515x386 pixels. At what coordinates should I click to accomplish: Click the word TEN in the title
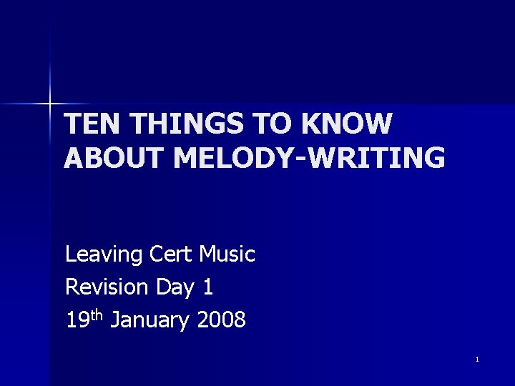click(88, 124)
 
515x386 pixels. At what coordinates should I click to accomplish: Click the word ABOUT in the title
click(114, 158)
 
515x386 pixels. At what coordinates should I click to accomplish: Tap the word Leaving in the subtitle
click(105, 254)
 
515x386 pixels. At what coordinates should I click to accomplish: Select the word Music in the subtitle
click(227, 254)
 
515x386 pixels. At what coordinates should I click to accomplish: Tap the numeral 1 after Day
click(207, 287)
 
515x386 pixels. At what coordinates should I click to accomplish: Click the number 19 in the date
click(75, 320)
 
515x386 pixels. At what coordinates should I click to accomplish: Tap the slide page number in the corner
click(476, 359)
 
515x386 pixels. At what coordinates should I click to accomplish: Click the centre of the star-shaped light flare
click(50, 104)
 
